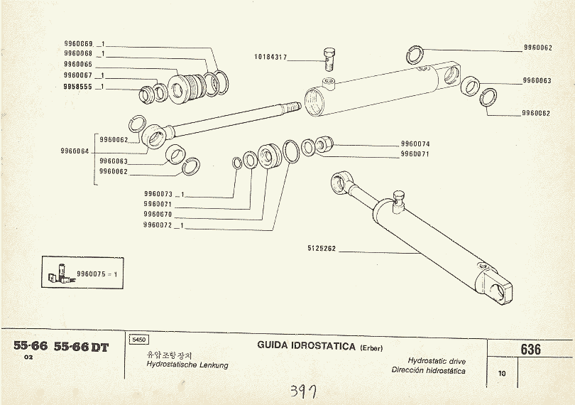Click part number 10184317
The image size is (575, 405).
(x=270, y=57)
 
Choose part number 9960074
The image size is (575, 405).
(x=415, y=144)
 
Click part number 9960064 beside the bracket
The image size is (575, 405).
(x=75, y=151)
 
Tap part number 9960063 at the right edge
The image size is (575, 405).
(x=537, y=81)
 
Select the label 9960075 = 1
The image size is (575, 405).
(x=97, y=273)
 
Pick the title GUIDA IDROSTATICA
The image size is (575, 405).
(x=306, y=346)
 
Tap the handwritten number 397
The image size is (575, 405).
(x=305, y=391)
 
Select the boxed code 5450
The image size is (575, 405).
(x=138, y=340)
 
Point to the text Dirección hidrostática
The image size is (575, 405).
(x=428, y=370)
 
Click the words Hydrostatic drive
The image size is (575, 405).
(x=437, y=361)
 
